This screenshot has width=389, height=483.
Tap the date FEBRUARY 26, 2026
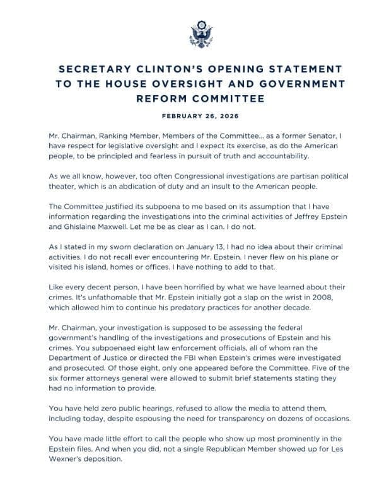[x=194, y=116]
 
